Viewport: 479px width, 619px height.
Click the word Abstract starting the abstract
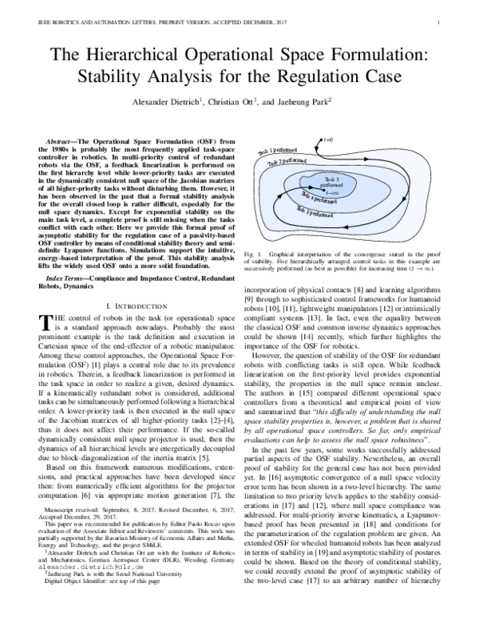pos(65,149)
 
